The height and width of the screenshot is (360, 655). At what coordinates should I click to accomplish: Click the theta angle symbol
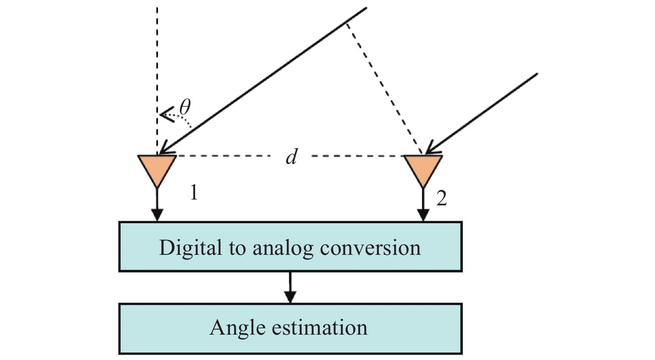[x=185, y=107]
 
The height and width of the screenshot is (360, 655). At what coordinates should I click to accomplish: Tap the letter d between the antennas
[x=292, y=157]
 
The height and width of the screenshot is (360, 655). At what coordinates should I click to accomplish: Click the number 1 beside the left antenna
[x=193, y=192]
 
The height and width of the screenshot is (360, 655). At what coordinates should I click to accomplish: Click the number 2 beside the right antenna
[x=442, y=198]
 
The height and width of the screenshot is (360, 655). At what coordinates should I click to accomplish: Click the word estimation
[x=319, y=328]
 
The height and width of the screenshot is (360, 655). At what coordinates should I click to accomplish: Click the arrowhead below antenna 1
[x=157, y=215]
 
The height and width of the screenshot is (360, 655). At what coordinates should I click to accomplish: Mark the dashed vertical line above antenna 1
[x=157, y=62]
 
